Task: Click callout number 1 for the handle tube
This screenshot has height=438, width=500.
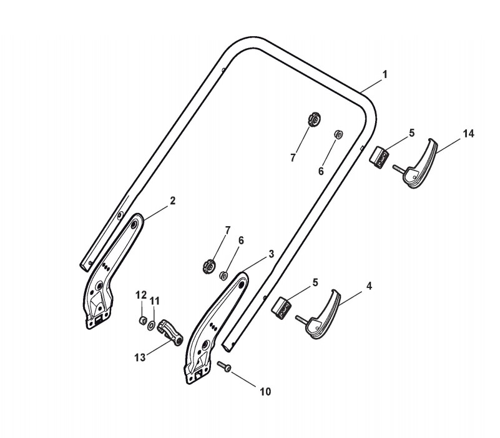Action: pyautogui.click(x=385, y=74)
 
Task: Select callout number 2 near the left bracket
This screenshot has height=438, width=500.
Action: pyautogui.click(x=173, y=201)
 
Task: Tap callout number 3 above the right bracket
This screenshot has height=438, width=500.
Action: pyautogui.click(x=271, y=254)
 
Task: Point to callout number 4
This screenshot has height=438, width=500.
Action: pyautogui.click(x=369, y=286)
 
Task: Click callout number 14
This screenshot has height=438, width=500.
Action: pyautogui.click(x=469, y=134)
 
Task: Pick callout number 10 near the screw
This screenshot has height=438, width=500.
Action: pyautogui.click(x=265, y=392)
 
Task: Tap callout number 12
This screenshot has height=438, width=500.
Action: pyautogui.click(x=141, y=295)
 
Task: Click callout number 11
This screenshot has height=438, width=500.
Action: pyautogui.click(x=155, y=301)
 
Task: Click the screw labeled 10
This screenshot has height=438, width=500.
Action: pyautogui.click(x=225, y=366)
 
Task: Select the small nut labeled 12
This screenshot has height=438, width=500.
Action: pyautogui.click(x=142, y=321)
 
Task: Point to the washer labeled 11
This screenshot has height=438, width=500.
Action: pyautogui.click(x=152, y=325)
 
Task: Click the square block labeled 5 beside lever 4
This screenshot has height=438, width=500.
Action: pyautogui.click(x=282, y=306)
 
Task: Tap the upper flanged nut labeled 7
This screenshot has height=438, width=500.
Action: pyautogui.click(x=315, y=118)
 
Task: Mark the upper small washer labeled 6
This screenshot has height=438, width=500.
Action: pyautogui.click(x=338, y=133)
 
